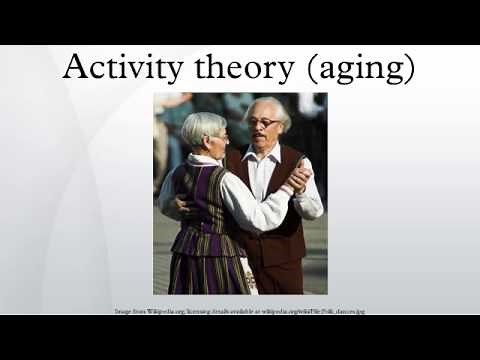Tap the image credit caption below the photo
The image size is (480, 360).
point(240,311)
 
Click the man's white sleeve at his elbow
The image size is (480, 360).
point(311,204)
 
